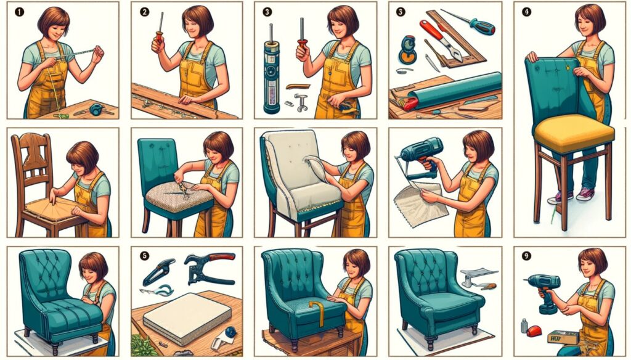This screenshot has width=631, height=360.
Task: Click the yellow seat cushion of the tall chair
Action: pos(574,132)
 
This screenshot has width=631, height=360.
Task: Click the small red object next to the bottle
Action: pos(534,331)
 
